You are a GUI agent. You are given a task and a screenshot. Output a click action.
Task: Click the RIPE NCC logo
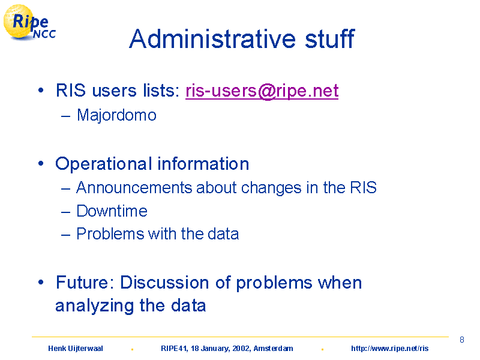29,23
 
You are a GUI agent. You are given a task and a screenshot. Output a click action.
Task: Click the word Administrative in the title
212,39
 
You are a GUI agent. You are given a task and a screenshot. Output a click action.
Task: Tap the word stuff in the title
329,38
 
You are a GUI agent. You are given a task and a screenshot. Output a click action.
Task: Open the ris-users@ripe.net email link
262,91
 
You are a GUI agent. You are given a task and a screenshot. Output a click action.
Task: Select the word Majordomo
116,115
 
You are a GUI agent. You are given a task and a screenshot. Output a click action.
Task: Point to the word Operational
103,164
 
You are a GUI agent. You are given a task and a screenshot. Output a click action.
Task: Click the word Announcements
134,187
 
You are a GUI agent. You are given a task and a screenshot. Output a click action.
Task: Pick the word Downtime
112,211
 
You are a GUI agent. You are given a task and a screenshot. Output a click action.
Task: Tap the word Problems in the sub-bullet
110,234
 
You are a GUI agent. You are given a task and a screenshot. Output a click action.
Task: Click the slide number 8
462,340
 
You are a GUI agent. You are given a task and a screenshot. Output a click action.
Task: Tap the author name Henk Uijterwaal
76,349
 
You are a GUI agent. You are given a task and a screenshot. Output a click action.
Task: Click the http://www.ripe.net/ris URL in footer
389,349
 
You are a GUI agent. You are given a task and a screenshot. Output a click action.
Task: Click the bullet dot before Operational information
41,163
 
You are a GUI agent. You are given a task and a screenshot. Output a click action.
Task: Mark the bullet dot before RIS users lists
41,91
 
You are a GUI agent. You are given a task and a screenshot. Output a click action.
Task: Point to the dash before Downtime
66,211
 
